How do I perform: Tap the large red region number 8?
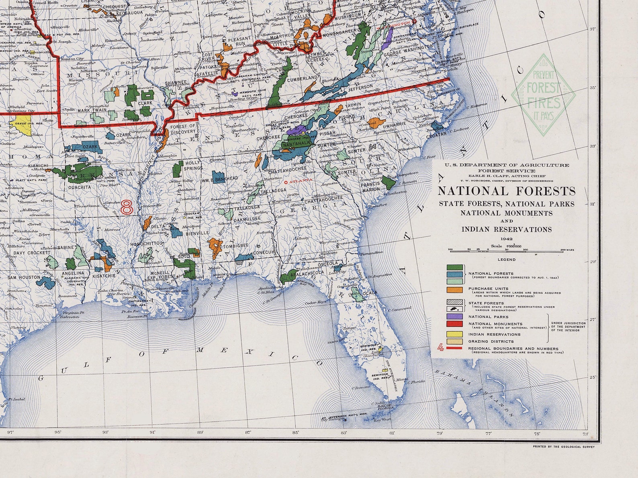[x=127, y=207]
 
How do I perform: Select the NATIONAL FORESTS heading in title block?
[x=506, y=191]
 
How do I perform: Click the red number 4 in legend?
[x=440, y=348]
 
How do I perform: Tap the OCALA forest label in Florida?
[x=370, y=293]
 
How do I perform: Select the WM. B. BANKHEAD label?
[x=221, y=179]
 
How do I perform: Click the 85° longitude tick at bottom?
[x=296, y=433]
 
